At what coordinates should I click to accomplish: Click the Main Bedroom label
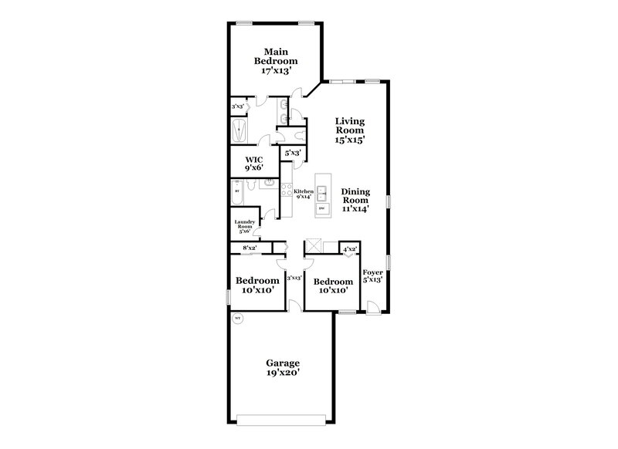coord(279,59)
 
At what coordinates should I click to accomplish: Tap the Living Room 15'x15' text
coord(349,130)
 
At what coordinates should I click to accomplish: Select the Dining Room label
coord(356,200)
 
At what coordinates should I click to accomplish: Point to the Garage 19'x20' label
coord(283,367)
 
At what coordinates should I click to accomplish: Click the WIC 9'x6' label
coord(255,164)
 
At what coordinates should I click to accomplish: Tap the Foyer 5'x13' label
coord(372,276)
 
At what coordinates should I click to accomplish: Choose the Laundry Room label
coord(245,226)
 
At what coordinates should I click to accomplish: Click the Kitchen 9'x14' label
coord(303,194)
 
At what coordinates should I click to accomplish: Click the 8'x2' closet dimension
coord(250,248)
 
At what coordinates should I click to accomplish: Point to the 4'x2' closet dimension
coord(350,248)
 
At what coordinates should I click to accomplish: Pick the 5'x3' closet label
coord(292,154)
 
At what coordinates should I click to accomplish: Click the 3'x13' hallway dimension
coord(294,278)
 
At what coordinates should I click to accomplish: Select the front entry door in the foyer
coord(373,308)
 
